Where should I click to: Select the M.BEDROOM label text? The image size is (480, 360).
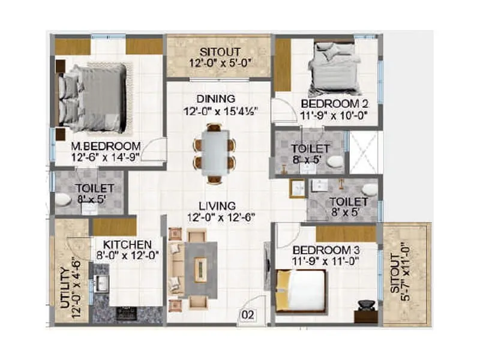point(106,146)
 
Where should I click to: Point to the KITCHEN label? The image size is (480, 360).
point(127,245)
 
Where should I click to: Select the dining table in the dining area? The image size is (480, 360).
point(214,152)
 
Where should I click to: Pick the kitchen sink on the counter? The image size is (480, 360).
point(100,282)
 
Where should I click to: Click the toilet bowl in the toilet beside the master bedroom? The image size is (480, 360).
point(64,200)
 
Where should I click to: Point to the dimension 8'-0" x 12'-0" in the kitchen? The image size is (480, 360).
point(127,256)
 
